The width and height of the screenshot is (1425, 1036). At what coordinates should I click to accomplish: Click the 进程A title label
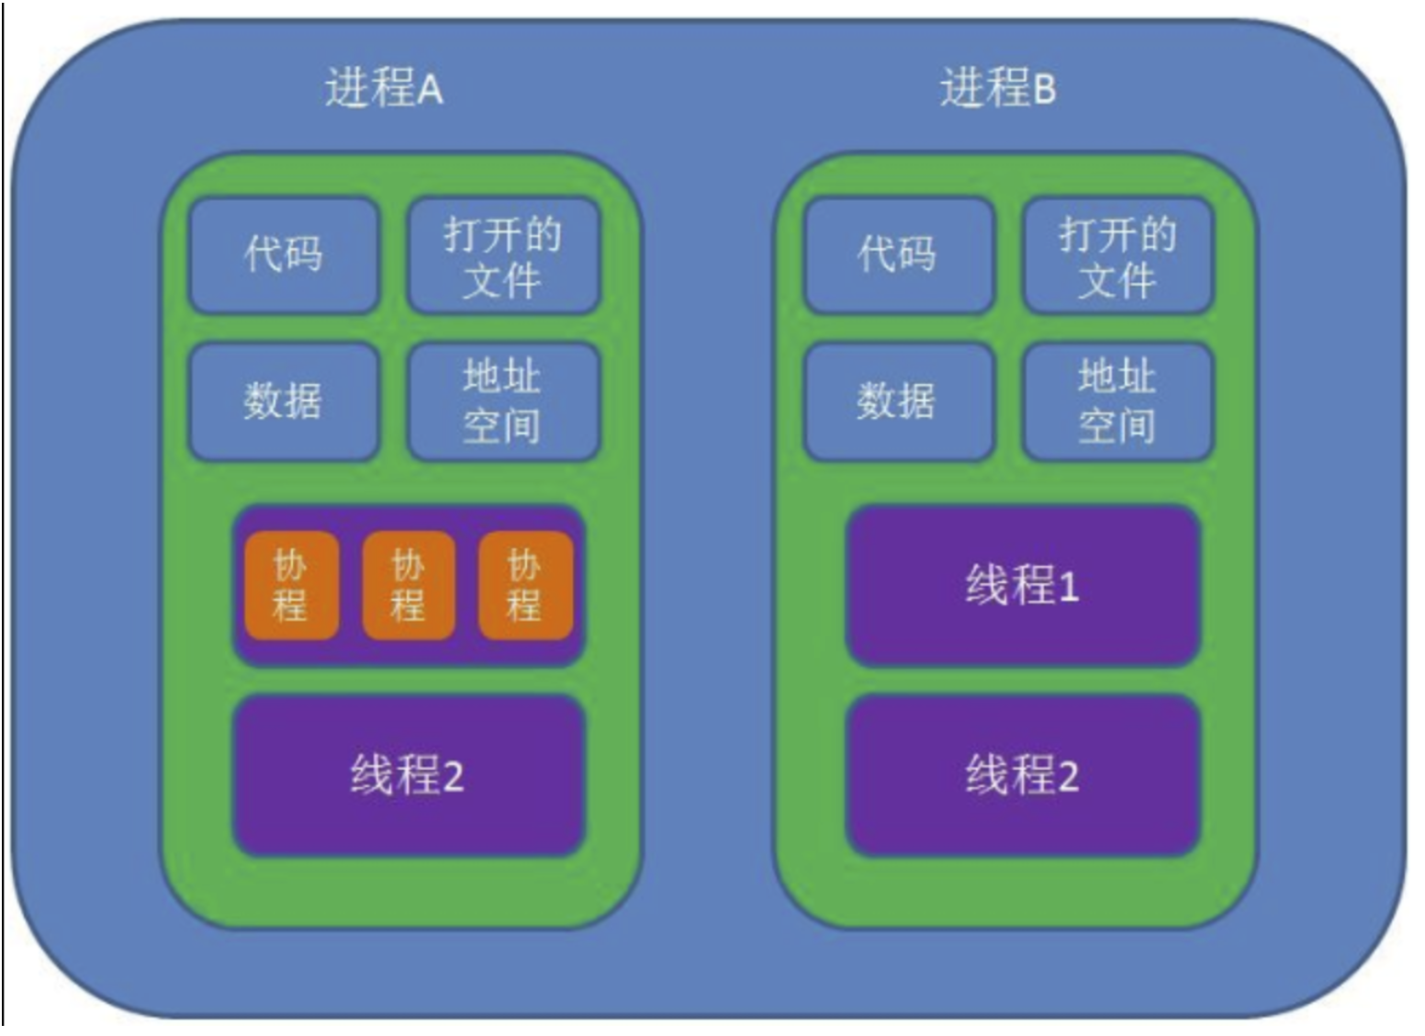tap(384, 89)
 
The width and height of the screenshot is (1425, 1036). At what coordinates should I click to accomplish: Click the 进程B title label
tap(997, 89)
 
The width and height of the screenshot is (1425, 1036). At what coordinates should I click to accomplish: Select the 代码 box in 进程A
tap(284, 254)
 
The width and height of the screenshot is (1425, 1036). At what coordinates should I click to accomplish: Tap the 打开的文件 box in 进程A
tap(502, 256)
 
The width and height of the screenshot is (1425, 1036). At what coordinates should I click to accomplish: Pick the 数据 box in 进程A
tap(284, 401)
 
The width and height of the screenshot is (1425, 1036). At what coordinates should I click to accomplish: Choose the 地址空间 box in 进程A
tap(502, 401)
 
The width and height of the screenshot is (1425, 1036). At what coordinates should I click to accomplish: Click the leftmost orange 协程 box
tap(290, 585)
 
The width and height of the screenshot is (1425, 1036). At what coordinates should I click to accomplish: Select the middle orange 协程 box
tap(408, 585)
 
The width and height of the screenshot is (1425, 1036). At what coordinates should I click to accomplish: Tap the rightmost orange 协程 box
tap(525, 585)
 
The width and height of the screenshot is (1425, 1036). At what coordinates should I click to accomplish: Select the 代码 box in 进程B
tap(898, 254)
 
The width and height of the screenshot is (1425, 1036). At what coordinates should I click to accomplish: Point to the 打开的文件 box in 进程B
tap(1117, 256)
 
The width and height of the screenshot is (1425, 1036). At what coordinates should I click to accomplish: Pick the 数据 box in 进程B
tap(898, 401)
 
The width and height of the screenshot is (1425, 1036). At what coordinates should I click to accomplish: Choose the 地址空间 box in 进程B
tap(1117, 401)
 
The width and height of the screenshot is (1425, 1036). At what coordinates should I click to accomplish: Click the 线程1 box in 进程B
tap(1022, 585)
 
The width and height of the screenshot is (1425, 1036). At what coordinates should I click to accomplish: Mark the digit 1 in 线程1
tap(1068, 587)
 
